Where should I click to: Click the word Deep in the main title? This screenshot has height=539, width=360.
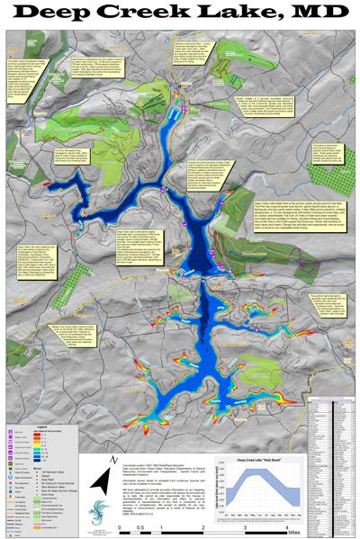coord(58,13)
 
